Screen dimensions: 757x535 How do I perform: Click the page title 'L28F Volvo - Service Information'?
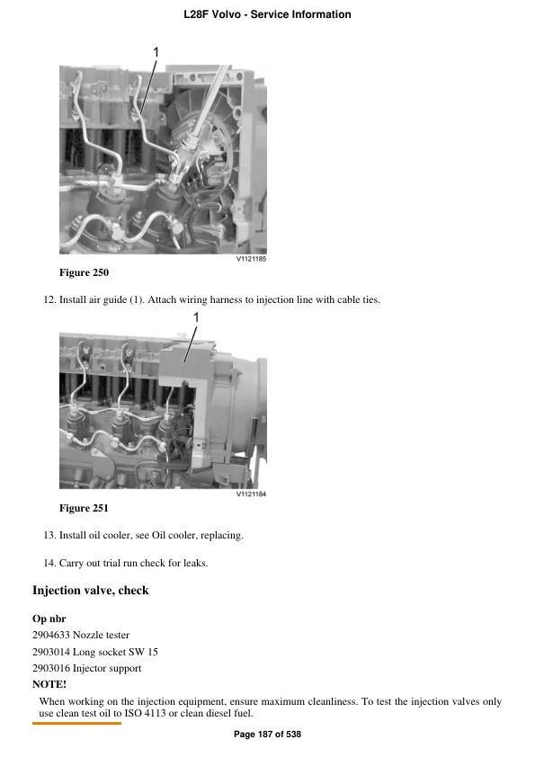pyautogui.click(x=267, y=14)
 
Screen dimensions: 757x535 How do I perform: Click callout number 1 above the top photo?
pyautogui.click(x=156, y=53)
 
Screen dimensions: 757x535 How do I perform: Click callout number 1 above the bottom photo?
pyautogui.click(x=195, y=317)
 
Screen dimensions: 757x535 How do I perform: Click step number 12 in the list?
pyautogui.click(x=49, y=299)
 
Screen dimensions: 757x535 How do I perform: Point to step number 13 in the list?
pyautogui.click(x=49, y=536)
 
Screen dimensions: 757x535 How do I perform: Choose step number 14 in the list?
pyautogui.click(x=49, y=563)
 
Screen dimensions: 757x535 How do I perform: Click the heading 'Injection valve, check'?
pyautogui.click(x=90, y=591)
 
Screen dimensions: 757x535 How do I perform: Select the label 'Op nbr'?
pyautogui.click(x=49, y=619)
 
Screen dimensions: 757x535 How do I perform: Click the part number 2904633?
pyautogui.click(x=51, y=635)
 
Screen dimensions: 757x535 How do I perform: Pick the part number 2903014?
pyautogui.click(x=51, y=652)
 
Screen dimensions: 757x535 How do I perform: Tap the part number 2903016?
pyautogui.click(x=51, y=668)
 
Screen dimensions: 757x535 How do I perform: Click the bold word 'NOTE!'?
pyautogui.click(x=49, y=684)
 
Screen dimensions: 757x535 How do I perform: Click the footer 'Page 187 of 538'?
pyautogui.click(x=267, y=735)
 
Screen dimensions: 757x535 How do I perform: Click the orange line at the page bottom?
pyautogui.click(x=76, y=723)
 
